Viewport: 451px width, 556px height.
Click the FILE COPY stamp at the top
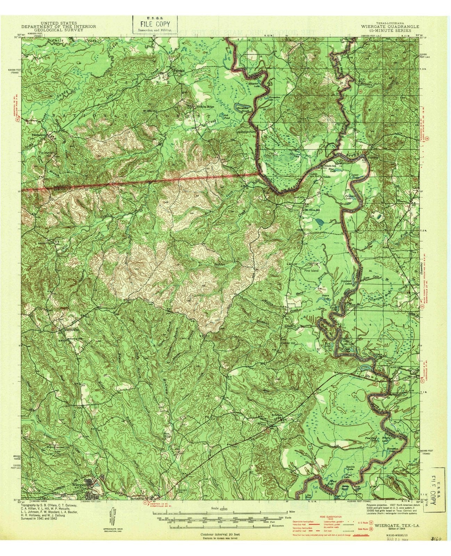coord(155,24)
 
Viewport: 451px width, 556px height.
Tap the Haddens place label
coord(374,156)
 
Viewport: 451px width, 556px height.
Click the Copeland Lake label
coord(347,281)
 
